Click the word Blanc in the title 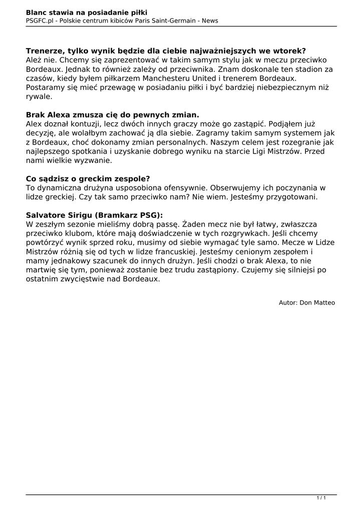(x=37, y=12)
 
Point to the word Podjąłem (x=287, y=123)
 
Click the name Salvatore (x=47, y=215)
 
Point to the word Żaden (x=193, y=224)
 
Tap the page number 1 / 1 (x=321, y=497)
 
